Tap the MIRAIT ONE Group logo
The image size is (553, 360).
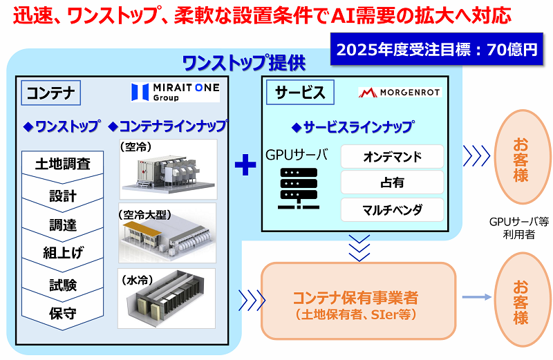176,92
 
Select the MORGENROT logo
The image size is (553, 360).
400,92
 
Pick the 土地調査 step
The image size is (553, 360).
63,164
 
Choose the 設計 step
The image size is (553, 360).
63,196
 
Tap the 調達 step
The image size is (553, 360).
63,225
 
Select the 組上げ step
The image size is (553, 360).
63,254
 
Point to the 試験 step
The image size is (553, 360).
63,285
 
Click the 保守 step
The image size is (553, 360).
63,313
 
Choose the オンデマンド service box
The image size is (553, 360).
392,157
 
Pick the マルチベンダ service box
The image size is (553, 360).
392,209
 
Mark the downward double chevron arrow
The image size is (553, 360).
360,248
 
